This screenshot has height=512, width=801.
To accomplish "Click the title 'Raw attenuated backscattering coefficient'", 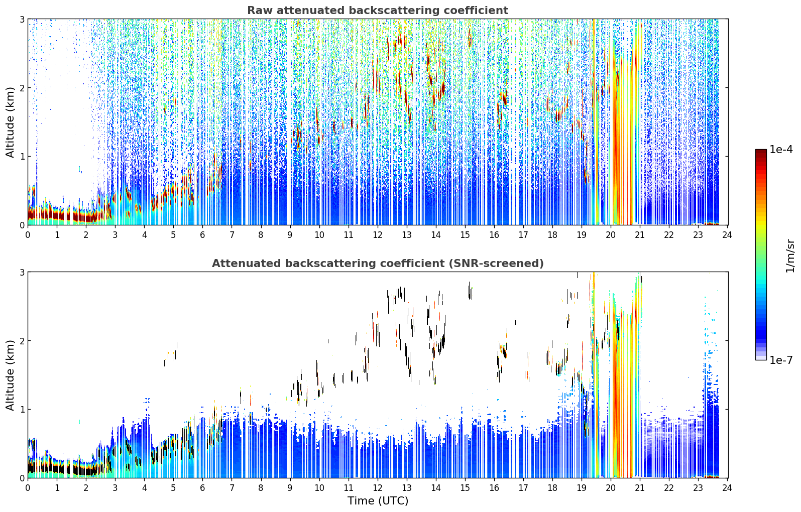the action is pos(378,11).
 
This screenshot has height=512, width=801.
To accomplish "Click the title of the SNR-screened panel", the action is pos(378,263).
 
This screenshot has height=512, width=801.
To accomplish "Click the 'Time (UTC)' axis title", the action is pos(378,500).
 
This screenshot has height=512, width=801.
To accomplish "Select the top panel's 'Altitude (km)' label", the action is pos(10,122).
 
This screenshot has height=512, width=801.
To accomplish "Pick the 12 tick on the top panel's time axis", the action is pos(378,235).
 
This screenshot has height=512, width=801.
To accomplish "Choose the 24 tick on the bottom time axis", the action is pos(727,488).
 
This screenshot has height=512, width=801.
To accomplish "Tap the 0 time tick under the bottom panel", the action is pos(28,488).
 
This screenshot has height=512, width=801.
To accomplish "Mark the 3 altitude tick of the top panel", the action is pos(22,19).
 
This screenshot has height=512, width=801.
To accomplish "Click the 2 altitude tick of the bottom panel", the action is pos(22,341).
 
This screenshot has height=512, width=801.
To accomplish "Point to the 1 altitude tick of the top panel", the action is pos(22,156).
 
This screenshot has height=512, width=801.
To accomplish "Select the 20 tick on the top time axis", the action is pos(611,235).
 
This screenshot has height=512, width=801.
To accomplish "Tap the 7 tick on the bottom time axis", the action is pos(232,488).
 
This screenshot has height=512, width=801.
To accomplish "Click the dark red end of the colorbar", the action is pos(761,152).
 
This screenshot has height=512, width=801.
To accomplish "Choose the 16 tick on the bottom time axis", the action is pos(494,488).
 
